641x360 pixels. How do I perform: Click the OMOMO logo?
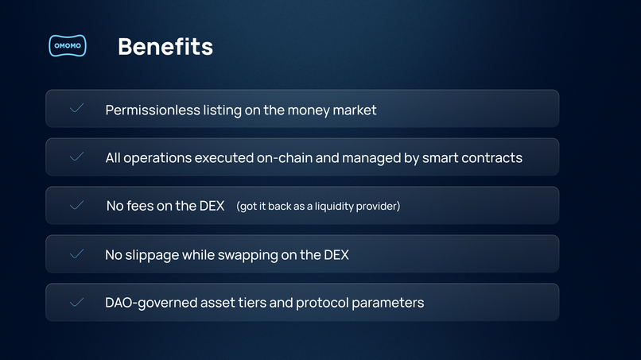point(67,47)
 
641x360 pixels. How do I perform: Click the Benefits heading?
point(165,47)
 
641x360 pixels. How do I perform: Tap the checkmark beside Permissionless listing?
point(77,108)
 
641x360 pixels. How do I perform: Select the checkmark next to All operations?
point(77,157)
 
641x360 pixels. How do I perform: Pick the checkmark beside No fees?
point(77,205)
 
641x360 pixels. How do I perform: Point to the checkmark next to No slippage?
point(77,254)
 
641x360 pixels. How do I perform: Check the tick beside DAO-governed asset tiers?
point(77,303)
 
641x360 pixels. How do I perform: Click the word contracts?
point(492,157)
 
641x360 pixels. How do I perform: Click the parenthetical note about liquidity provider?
point(318,207)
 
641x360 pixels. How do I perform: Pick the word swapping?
point(253,255)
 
